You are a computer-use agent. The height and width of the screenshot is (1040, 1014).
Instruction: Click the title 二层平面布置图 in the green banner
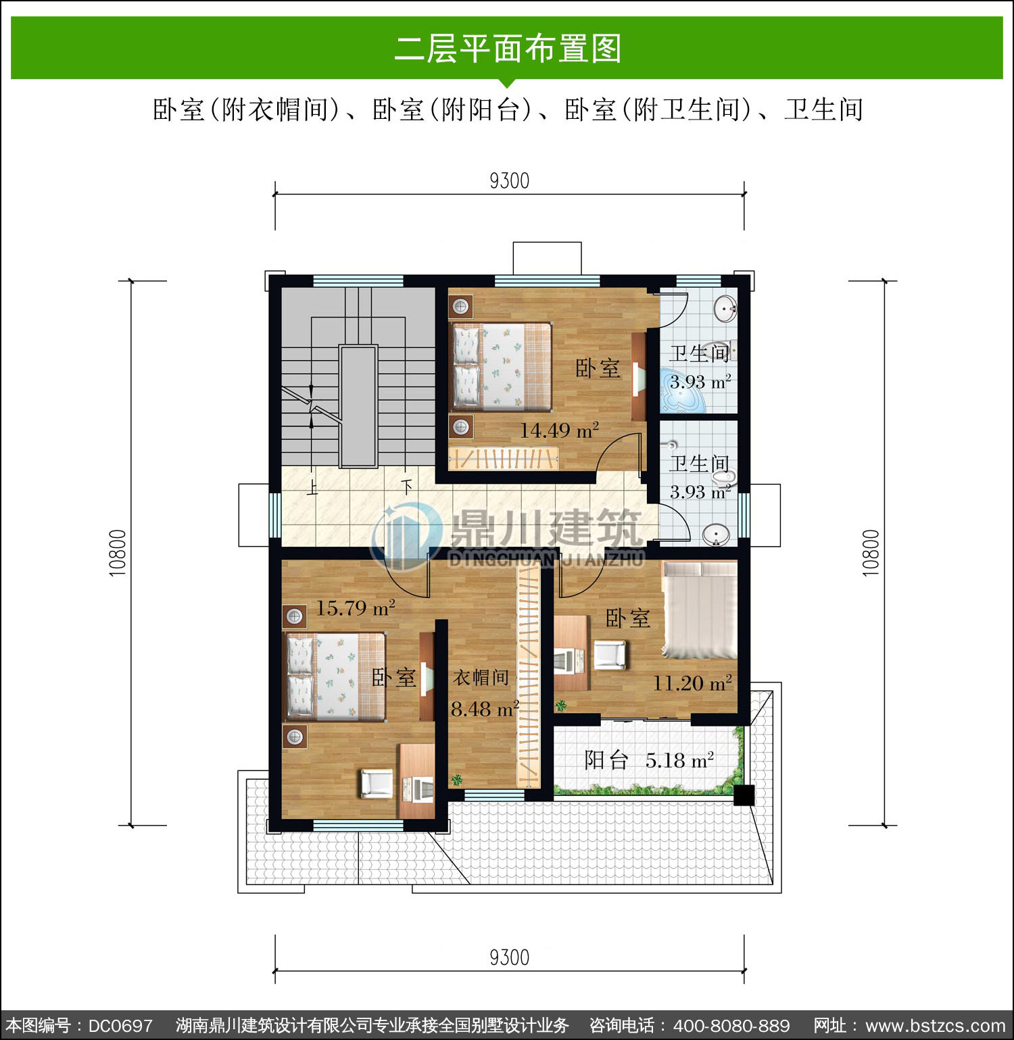508,49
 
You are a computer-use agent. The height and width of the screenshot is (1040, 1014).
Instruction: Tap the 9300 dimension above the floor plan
509,181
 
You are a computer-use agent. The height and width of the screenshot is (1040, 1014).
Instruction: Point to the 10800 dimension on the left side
118,553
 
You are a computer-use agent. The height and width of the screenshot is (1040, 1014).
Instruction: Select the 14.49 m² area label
559,430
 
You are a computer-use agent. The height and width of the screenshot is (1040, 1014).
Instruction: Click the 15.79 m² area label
356,608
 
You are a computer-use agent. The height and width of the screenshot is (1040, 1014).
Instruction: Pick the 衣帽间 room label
481,677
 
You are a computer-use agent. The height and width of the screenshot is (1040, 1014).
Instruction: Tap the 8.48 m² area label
485,709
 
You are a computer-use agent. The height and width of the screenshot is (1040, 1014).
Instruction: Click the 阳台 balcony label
606,760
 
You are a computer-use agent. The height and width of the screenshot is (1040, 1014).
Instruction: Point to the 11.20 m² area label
693,683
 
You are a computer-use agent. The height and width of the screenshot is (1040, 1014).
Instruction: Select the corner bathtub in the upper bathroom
683,391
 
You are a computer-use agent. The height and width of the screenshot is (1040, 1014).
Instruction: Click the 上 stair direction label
312,487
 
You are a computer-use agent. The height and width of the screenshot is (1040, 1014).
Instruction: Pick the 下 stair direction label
406,487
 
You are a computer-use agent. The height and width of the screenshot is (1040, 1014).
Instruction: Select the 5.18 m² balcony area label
680,761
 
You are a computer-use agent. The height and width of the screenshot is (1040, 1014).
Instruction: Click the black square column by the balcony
744,795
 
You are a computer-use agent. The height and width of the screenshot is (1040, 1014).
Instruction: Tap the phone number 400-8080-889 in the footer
731,1025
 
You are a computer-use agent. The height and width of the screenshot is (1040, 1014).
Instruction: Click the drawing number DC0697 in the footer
120,1025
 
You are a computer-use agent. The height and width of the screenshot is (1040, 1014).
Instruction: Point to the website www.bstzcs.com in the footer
936,1025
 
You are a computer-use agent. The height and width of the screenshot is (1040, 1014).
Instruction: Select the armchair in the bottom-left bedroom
376,783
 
